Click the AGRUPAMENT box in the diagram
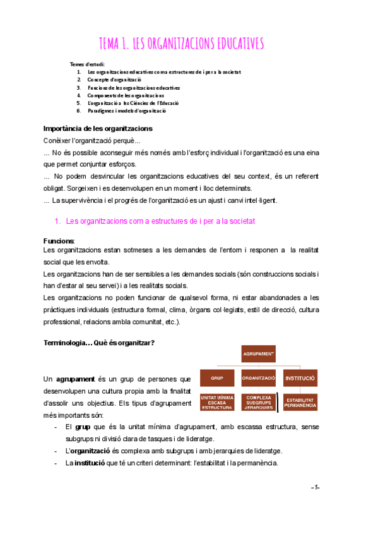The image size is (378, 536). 257,355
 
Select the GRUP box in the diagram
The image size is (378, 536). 216,379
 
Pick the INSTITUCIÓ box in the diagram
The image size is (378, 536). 300,379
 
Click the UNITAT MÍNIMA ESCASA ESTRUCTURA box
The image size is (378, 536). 216,402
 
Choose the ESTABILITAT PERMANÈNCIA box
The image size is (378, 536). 300,403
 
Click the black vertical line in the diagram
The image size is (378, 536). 278,403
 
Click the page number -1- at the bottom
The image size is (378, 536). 316,488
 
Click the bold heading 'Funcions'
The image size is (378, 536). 58,241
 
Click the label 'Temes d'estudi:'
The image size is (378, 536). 88,64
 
